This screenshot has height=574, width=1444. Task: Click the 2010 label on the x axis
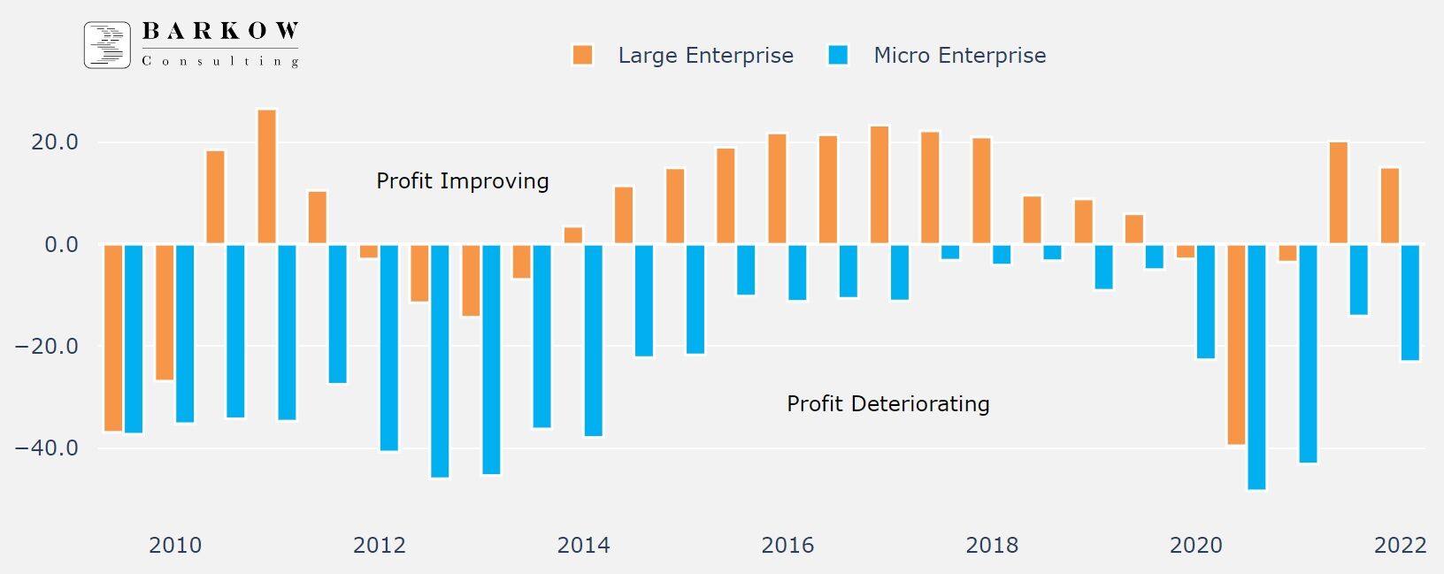click(x=175, y=545)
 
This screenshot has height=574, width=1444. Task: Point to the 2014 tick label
click(x=583, y=545)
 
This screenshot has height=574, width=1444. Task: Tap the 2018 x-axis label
click(x=992, y=545)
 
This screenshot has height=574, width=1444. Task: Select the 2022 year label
click(x=1400, y=545)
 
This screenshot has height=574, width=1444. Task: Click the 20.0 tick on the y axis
click(x=55, y=142)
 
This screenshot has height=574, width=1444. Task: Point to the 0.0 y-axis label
click(x=61, y=244)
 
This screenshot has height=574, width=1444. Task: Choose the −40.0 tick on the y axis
click(x=47, y=448)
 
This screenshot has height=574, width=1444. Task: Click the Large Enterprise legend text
click(x=705, y=56)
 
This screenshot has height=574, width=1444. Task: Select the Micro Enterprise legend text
click(x=959, y=56)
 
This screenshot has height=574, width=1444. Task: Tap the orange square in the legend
click(x=582, y=55)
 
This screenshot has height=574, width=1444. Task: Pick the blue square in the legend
click(x=838, y=55)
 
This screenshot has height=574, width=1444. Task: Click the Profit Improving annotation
click(x=462, y=181)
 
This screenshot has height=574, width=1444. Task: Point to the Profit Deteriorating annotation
click(x=887, y=404)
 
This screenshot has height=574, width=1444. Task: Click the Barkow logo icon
click(x=107, y=45)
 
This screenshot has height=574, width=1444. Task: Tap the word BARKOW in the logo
click(x=220, y=32)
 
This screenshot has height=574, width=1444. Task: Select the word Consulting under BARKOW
click(x=220, y=61)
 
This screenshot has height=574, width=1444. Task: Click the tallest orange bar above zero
click(x=266, y=176)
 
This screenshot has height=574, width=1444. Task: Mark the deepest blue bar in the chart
click(x=1256, y=366)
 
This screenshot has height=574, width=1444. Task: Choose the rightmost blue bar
click(x=1409, y=302)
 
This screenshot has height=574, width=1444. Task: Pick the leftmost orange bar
click(x=112, y=338)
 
